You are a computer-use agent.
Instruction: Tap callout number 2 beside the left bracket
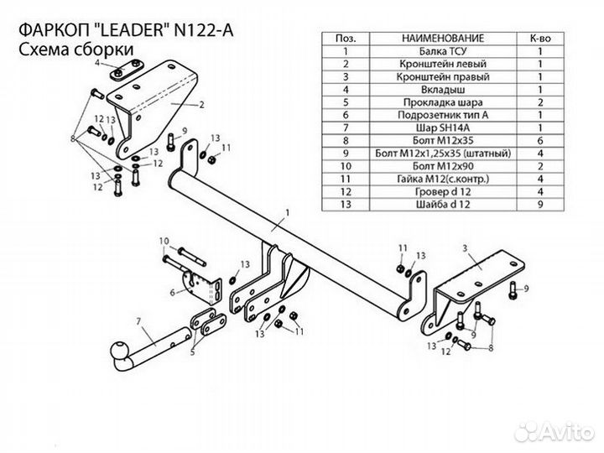pos(202,106)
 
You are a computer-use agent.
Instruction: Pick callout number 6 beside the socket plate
pos(172,292)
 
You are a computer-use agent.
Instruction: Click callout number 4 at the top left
pos(97,64)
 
